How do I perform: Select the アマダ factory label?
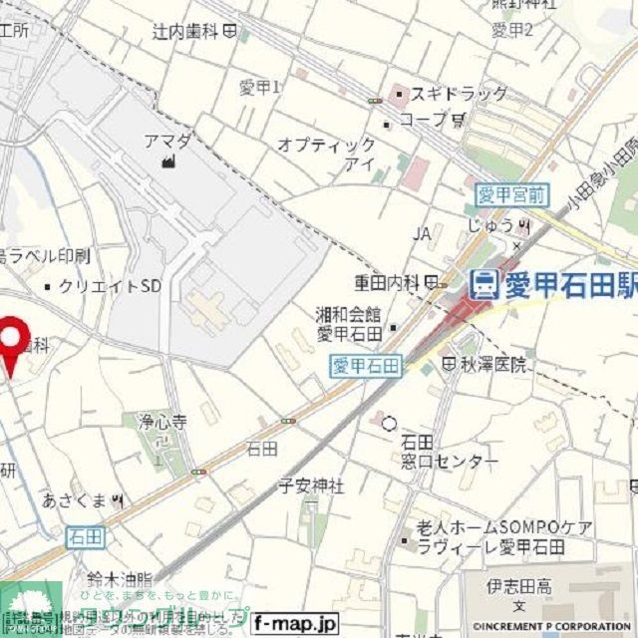click(166, 141)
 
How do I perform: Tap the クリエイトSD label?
click(110, 286)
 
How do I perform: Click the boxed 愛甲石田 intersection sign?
click(365, 366)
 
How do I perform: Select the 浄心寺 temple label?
click(162, 421)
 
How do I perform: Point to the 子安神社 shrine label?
click(310, 485)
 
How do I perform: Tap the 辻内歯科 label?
click(186, 32)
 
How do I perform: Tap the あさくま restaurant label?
click(75, 497)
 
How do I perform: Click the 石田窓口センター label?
click(434, 452)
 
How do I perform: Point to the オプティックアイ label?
click(328, 154)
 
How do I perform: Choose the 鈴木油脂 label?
click(118, 578)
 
